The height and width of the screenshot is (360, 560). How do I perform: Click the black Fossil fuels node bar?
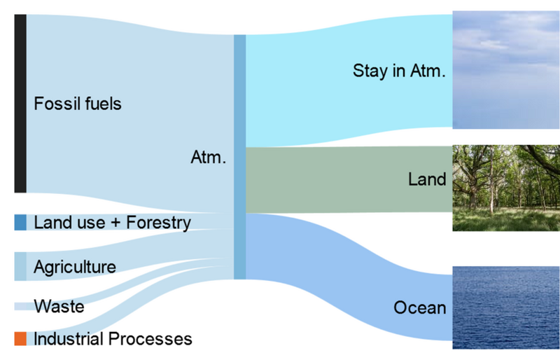point(20,103)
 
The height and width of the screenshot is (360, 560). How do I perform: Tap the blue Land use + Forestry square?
point(20,223)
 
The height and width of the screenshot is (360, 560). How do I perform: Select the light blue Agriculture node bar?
point(20,266)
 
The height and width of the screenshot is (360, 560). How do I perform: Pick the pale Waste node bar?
point(21,306)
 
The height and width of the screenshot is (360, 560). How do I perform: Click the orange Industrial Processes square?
point(20,339)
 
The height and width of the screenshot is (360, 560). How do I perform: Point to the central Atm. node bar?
point(239,157)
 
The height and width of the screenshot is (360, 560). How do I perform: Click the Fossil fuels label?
point(78,104)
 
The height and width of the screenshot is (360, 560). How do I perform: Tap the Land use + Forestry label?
point(112,223)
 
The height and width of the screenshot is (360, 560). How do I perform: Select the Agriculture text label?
point(75,267)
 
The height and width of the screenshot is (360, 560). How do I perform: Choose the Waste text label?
point(59,306)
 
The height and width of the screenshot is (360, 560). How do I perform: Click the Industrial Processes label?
point(113,339)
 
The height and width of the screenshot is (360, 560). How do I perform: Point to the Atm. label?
point(208,158)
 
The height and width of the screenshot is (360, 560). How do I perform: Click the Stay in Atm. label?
point(399,71)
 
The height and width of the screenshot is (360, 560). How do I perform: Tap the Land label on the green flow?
point(427,179)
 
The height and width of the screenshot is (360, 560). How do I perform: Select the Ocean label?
point(419,307)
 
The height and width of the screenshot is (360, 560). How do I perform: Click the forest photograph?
point(506,187)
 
